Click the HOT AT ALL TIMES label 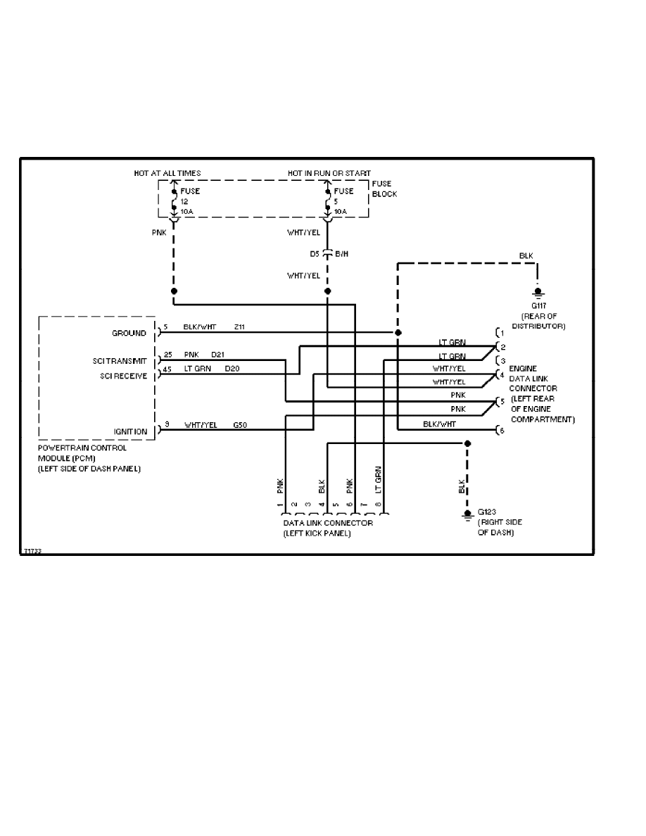167,173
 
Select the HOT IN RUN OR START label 329,173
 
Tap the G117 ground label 539,306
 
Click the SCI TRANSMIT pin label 120,360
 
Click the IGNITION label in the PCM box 131,431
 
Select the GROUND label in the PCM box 129,333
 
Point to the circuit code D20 232,369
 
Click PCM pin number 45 167,369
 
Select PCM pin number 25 167,355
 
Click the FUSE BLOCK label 384,189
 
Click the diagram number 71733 32,552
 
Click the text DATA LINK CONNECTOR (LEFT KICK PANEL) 327,528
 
